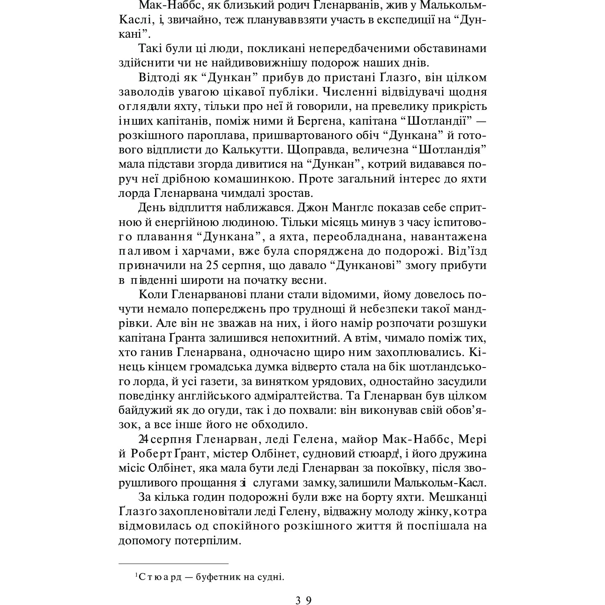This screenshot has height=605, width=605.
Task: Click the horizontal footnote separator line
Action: click(x=173, y=564)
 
